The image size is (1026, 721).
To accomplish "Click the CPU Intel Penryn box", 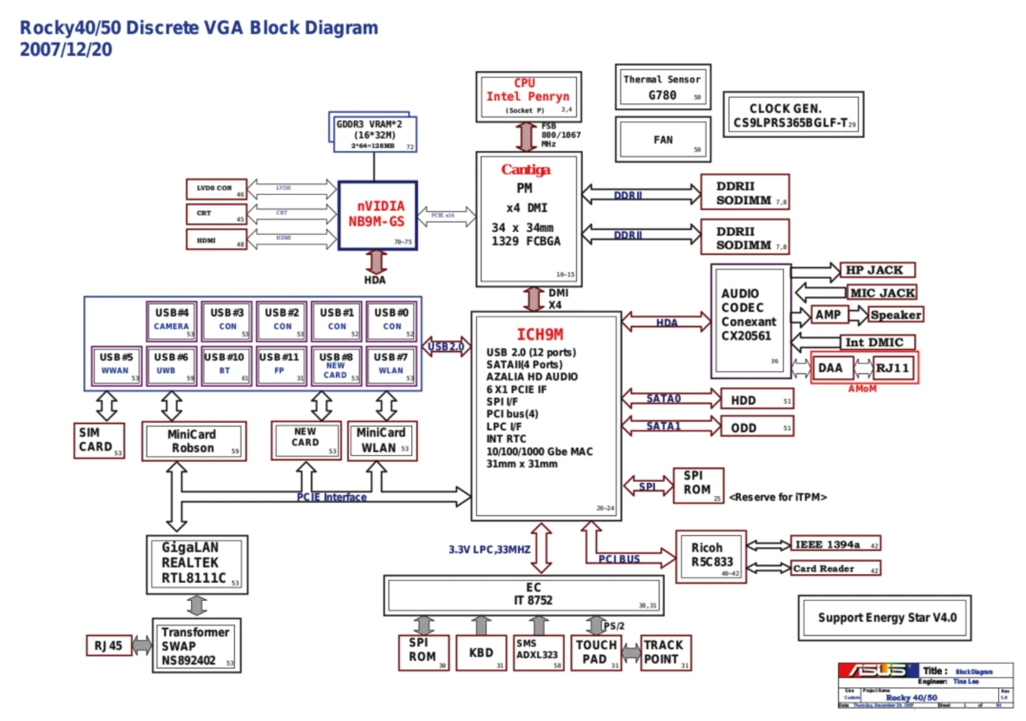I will pos(528,97).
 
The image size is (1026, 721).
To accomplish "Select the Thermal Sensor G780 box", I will pos(663,87).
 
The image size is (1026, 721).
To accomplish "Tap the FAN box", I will pos(663,139).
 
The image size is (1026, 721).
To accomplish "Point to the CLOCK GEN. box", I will pos(793,115).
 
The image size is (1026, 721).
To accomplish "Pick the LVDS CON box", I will pos(216,189).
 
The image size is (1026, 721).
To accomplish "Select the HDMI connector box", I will pos(216,240).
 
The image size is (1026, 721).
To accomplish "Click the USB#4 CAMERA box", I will pos(172,320).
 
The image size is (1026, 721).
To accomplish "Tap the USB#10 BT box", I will pos(225,364).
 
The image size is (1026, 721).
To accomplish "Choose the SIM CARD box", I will pos(99,440).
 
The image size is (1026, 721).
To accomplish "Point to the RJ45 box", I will pos(109,646).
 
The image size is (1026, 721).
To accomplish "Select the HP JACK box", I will pos(877,270).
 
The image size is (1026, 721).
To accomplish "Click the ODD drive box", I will pos(757,427).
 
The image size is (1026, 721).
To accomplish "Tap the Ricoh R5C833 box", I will pos(711,557).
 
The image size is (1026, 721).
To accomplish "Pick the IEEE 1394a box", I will pos(835,544).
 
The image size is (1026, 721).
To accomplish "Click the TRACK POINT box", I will pos(666,653).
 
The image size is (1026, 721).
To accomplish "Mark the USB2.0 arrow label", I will pos(446,347).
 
